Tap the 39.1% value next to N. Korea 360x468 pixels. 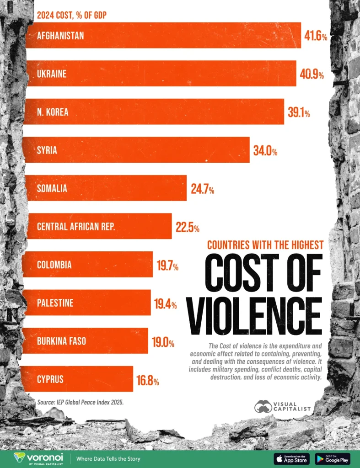299,112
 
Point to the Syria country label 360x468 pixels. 47,150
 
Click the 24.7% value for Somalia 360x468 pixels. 203,188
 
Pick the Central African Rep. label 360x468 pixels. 76,226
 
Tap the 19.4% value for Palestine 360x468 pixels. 166,303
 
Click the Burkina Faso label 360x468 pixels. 61,341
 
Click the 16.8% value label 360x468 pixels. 147,379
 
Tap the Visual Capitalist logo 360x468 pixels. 283,407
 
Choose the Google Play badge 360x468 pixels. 333,458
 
